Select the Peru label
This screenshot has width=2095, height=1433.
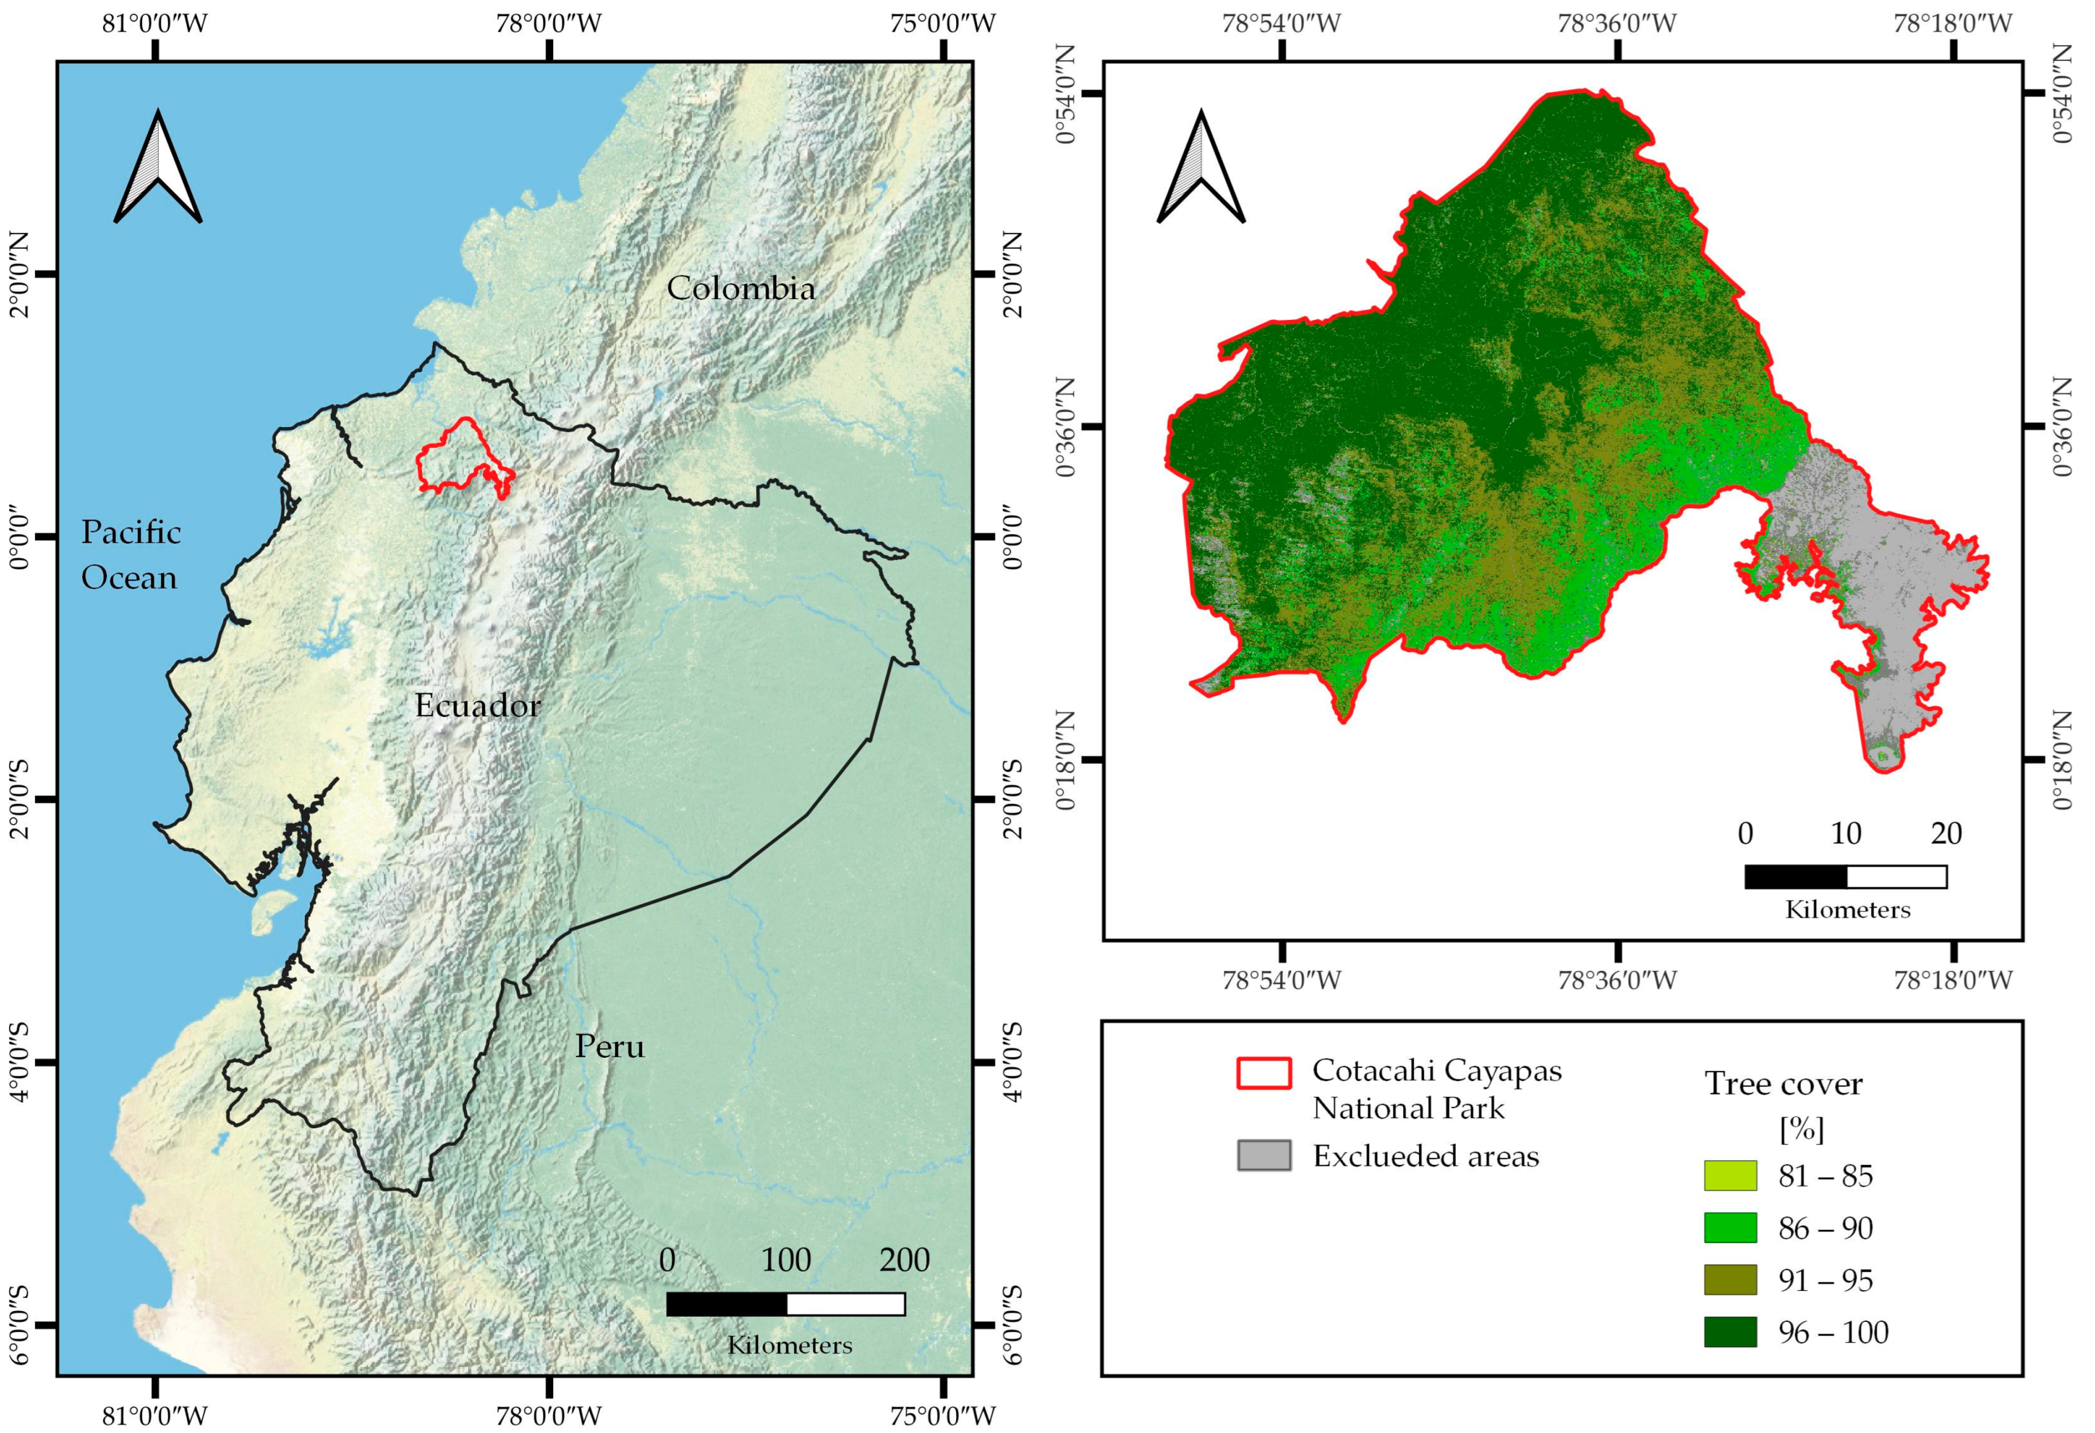[610, 1047]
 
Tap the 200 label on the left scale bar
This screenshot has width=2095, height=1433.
[904, 1260]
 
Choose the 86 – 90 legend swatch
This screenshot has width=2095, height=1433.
[1730, 1228]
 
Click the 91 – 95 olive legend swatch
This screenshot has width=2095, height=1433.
[1730, 1280]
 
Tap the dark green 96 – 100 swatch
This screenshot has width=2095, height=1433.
[1730, 1332]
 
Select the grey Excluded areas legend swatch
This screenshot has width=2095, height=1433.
[1264, 1155]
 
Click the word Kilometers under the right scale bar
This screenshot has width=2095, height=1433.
[1848, 909]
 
